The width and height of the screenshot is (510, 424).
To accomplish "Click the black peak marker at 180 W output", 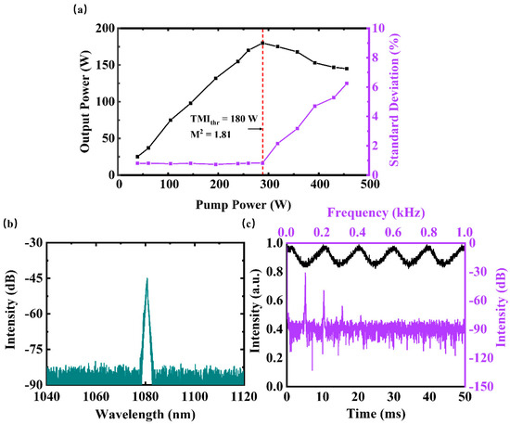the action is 262,43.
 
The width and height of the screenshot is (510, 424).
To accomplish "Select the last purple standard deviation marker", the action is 347,84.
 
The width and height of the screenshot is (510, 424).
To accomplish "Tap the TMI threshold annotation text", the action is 223,120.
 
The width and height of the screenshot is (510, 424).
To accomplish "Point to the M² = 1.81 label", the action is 210,134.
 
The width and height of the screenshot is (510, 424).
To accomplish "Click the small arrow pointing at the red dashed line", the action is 255,129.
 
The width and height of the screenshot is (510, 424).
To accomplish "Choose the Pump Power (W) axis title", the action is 243,205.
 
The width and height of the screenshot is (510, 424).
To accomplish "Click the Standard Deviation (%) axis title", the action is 394,99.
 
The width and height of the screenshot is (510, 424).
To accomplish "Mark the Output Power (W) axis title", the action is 85,101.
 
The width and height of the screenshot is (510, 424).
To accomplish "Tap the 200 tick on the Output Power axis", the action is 106,29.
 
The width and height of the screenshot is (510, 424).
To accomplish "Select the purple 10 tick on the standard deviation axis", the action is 378,29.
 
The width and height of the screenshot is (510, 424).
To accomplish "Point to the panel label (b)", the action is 10,224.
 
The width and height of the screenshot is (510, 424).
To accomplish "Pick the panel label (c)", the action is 249,224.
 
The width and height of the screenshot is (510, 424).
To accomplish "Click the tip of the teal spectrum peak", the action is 147,278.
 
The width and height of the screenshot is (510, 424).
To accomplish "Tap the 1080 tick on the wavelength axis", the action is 146,397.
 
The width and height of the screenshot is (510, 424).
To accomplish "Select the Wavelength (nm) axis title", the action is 146,414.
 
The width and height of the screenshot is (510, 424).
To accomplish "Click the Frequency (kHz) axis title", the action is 376,212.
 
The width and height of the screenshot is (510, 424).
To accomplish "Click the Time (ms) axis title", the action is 376,414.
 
